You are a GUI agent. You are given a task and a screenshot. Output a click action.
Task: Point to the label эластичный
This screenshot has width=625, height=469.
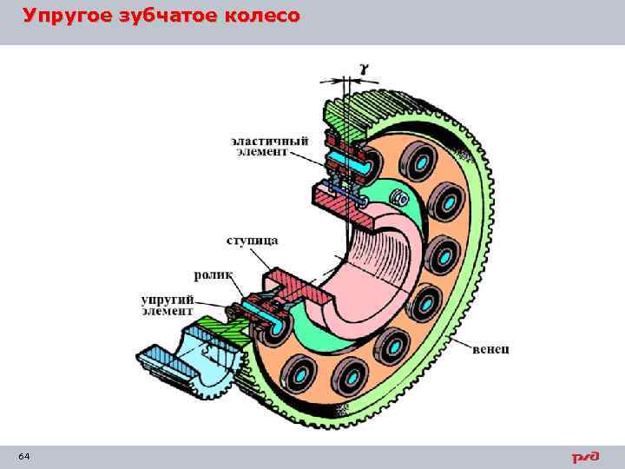[x=260, y=138]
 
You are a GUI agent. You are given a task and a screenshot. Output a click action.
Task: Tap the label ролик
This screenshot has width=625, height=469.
[x=214, y=274]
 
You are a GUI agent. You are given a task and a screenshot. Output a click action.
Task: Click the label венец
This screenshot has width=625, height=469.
[x=491, y=349]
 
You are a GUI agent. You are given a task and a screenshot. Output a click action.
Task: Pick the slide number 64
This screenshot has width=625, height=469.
[x=23, y=457]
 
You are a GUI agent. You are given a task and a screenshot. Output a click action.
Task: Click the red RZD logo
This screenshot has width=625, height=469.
[x=586, y=457]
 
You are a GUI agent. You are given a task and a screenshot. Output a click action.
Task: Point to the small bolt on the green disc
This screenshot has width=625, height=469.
[x=402, y=199]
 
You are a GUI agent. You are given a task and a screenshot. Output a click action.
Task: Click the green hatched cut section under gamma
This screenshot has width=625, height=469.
[x=340, y=114]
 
